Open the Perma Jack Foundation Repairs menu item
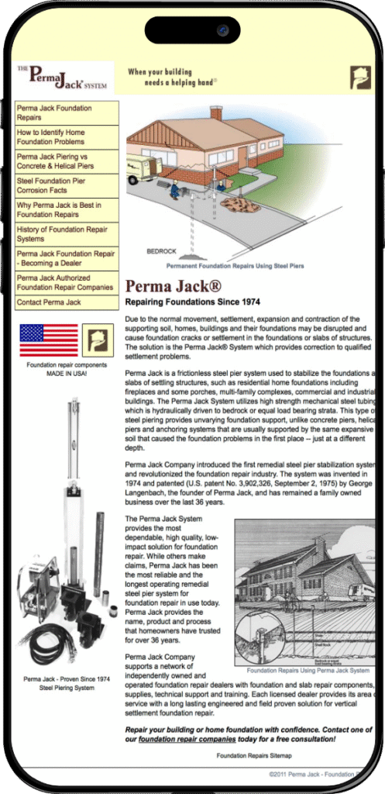click(x=54, y=113)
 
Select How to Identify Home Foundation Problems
click(x=51, y=137)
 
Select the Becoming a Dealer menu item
click(x=66, y=258)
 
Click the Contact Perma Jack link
click(x=49, y=302)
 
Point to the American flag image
click(x=48, y=340)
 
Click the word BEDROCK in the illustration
click(x=162, y=251)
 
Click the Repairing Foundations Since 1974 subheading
click(x=192, y=302)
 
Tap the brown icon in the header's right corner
click(x=360, y=78)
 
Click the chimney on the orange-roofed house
click(x=216, y=113)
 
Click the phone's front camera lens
click(x=222, y=31)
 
